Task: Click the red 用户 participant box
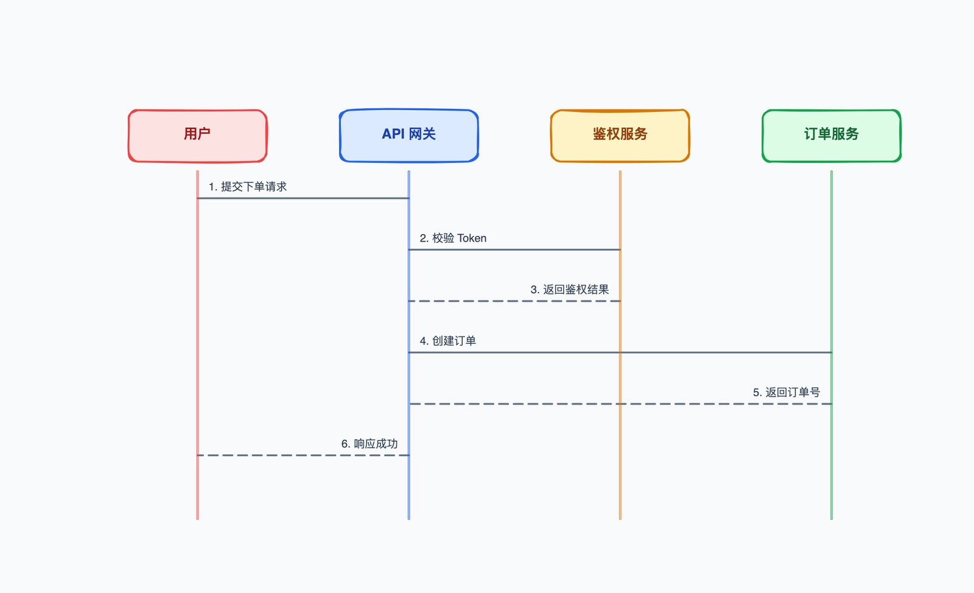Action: click(197, 136)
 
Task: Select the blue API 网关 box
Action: click(408, 136)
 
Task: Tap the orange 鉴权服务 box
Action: click(620, 136)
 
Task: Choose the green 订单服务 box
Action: click(831, 136)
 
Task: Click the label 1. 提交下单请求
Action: click(247, 187)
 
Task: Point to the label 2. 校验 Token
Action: click(453, 238)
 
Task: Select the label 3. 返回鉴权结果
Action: click(569, 290)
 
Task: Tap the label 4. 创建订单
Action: click(447, 341)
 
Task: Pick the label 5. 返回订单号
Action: click(786, 392)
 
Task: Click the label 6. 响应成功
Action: click(369, 444)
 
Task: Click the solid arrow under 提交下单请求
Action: click(303, 198)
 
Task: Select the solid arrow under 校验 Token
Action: click(514, 249)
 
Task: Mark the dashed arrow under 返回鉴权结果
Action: click(514, 301)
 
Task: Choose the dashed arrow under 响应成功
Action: click(303, 455)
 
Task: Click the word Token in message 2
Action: click(472, 238)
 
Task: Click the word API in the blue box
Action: click(393, 134)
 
